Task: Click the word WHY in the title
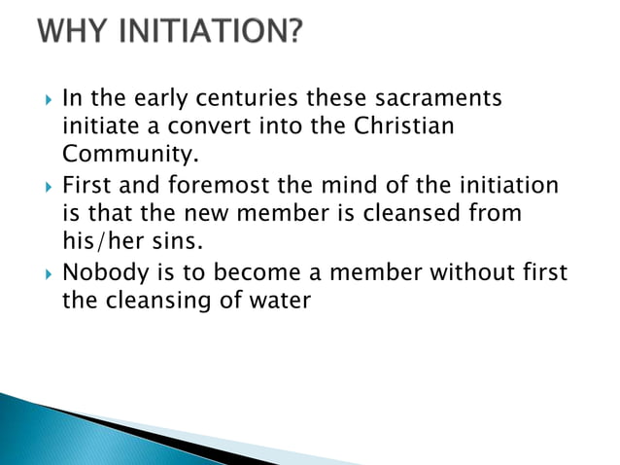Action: click(x=71, y=34)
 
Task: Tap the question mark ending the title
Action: click(x=293, y=34)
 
